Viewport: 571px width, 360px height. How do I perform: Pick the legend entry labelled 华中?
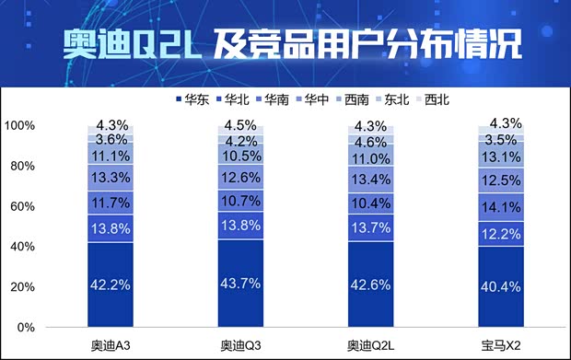click(294, 98)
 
